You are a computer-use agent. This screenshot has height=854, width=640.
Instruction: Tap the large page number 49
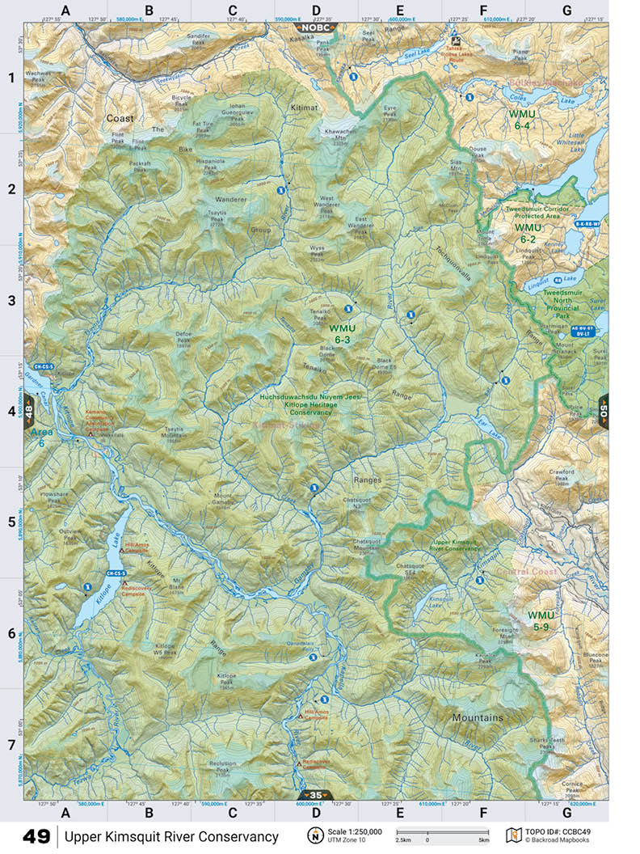[x=36, y=836]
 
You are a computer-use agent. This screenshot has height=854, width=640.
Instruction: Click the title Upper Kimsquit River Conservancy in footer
[x=171, y=836]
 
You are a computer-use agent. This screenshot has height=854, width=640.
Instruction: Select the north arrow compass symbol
[x=315, y=835]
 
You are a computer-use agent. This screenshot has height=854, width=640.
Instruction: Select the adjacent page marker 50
[x=604, y=410]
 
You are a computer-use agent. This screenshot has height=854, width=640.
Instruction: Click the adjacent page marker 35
[x=315, y=795]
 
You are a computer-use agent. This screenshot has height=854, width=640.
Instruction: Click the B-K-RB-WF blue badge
[x=588, y=223]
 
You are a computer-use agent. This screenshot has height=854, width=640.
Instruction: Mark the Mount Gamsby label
[x=224, y=499]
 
